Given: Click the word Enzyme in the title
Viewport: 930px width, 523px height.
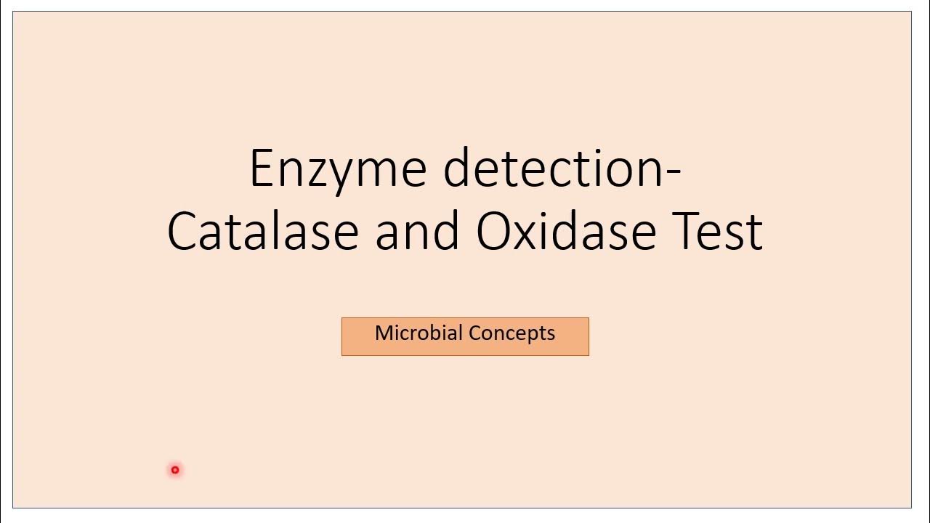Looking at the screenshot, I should [x=337, y=169].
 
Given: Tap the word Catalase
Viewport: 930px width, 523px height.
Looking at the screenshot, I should [x=262, y=231].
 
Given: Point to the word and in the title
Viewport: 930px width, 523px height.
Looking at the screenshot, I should [x=417, y=231].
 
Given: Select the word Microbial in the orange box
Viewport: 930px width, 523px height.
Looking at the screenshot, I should [x=418, y=333].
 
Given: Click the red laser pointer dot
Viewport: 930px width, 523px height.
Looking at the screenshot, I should [x=175, y=470].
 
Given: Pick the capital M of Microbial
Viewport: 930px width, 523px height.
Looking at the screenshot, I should [x=384, y=333].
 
